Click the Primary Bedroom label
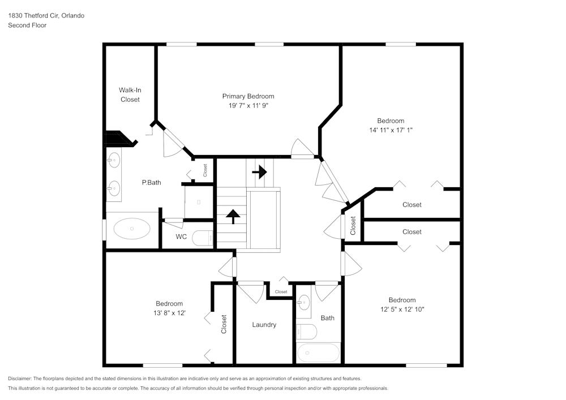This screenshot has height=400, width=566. (x=248, y=96)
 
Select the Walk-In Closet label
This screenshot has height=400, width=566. (x=130, y=94)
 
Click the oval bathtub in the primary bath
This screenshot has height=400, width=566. (x=132, y=229)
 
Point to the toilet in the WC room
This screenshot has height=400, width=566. (x=202, y=238)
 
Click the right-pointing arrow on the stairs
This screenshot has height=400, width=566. (x=260, y=171)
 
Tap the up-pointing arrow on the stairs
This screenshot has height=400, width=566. (x=233, y=216)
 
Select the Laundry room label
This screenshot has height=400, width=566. (x=264, y=325)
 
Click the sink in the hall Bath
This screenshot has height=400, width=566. (x=304, y=300)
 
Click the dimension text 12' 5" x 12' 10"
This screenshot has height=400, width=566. (x=402, y=309)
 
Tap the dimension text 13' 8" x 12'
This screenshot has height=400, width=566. (x=169, y=312)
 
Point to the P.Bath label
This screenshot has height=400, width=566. (x=151, y=183)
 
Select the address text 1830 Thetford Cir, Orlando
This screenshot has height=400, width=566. (x=46, y=16)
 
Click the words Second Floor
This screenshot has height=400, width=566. (x=27, y=25)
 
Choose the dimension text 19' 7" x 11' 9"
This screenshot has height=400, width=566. (x=248, y=105)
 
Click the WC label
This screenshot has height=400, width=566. (x=181, y=236)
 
